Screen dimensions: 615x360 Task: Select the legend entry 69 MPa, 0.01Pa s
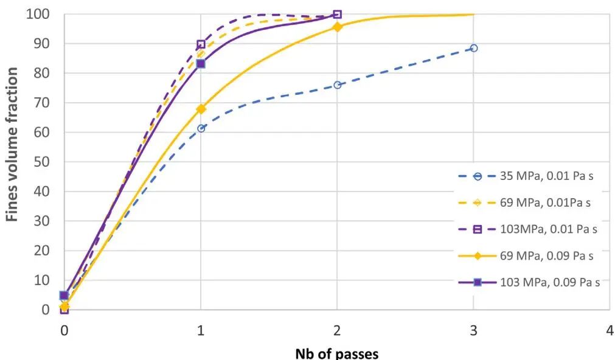[x=524, y=202]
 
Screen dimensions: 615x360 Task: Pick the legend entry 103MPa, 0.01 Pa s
[x=528, y=229]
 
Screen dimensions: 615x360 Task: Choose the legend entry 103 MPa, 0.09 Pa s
[x=529, y=282]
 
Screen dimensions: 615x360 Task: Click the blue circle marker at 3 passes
[x=473, y=48]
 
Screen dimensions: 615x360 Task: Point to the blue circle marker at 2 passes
[x=338, y=85]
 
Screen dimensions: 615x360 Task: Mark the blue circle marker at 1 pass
[x=201, y=128]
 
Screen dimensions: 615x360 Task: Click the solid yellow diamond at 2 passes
[x=338, y=27]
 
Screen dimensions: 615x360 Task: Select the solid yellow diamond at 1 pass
[x=201, y=109]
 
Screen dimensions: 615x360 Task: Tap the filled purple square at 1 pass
[x=201, y=63]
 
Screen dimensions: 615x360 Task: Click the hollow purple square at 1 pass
[x=201, y=44]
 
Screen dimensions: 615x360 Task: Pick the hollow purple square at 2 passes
[x=338, y=15]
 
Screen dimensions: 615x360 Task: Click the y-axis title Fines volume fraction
[x=12, y=144]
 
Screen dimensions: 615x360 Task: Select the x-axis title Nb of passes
[x=337, y=353]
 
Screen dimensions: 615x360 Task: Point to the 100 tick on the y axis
[x=38, y=15]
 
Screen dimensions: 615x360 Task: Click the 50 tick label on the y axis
[x=42, y=162]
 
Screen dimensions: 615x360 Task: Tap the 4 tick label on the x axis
[x=610, y=331]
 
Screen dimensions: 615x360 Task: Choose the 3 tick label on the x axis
[x=473, y=331]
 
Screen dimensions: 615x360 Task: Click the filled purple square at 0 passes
[x=64, y=296]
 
